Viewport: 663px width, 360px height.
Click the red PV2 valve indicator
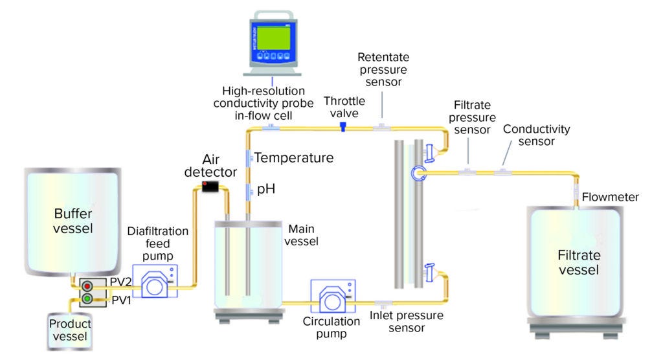(x=85, y=285)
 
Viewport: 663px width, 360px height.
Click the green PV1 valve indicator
(x=85, y=298)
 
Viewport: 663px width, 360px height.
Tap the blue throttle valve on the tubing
(x=343, y=128)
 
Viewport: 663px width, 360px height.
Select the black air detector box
(x=208, y=188)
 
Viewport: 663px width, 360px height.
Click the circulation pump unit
(x=332, y=297)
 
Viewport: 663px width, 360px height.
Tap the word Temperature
(x=294, y=157)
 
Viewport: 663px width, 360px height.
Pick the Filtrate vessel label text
(x=579, y=262)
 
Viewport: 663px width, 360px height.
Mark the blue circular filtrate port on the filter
(x=418, y=172)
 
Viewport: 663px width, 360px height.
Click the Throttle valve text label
(x=344, y=107)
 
